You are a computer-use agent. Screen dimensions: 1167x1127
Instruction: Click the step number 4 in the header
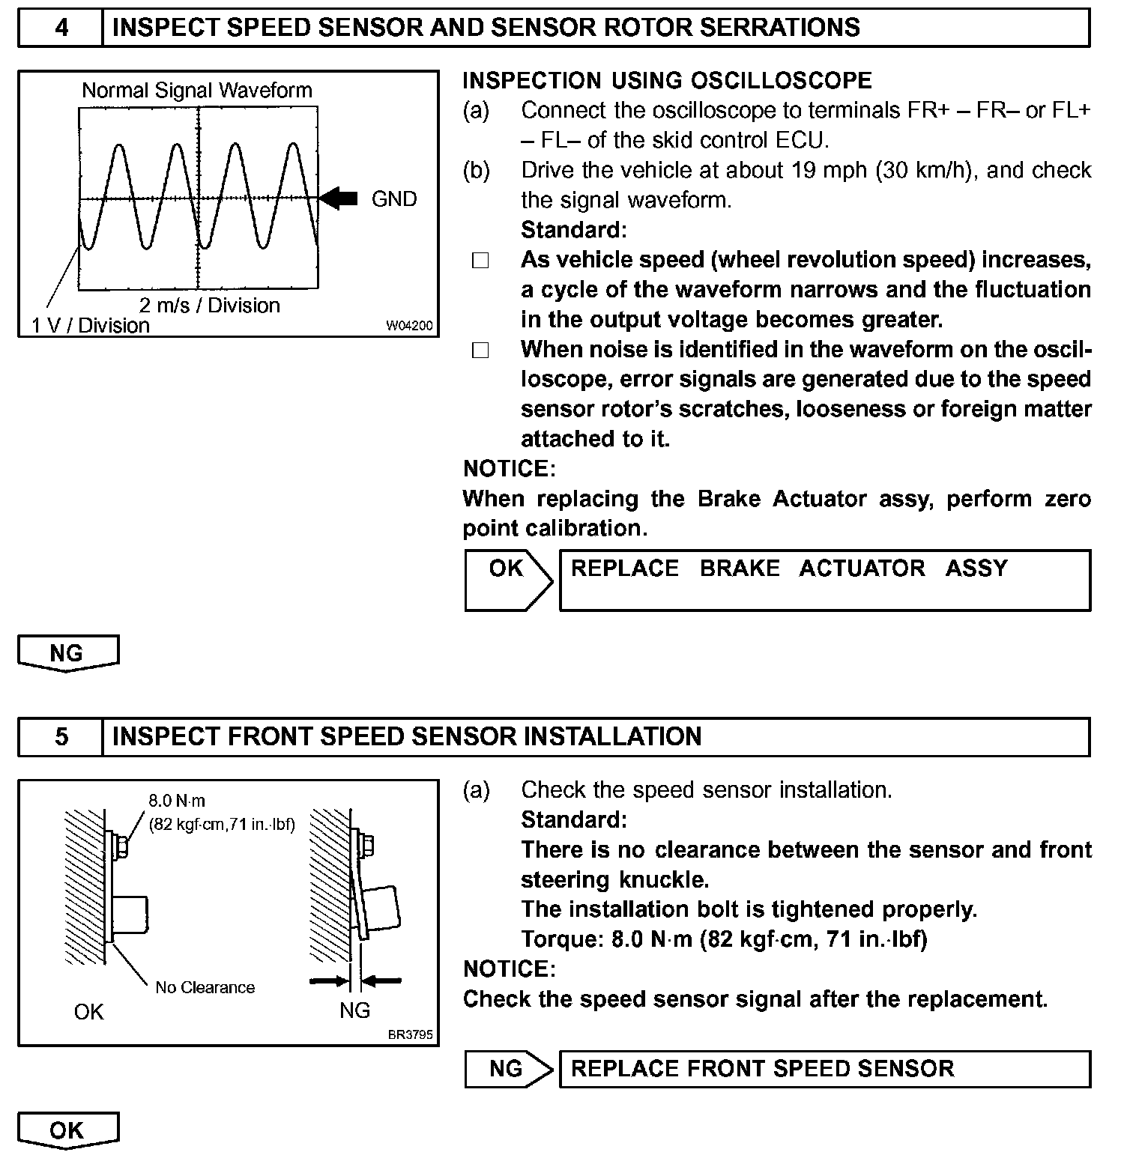tap(61, 28)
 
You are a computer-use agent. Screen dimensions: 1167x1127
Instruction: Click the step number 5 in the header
tap(61, 737)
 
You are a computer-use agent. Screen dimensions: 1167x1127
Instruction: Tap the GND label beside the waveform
tap(393, 199)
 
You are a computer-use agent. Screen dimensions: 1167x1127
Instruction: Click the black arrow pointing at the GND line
tap(339, 198)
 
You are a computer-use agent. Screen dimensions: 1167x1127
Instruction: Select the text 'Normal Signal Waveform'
tap(196, 91)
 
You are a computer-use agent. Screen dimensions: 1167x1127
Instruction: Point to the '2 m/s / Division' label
tap(209, 306)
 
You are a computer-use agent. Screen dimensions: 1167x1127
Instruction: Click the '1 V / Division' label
tap(91, 326)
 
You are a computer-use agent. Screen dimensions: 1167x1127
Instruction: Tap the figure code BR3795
tap(411, 1035)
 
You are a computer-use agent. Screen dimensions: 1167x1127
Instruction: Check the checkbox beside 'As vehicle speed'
tap(480, 261)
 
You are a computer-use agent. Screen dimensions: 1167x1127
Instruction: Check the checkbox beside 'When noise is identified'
tap(480, 351)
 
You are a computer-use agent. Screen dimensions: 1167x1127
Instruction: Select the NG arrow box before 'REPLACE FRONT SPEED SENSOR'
tap(507, 1068)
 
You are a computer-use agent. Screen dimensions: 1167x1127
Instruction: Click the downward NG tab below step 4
tap(67, 653)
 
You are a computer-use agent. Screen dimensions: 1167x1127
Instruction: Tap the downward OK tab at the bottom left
tap(67, 1130)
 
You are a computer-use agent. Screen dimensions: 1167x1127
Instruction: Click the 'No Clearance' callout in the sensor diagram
tap(205, 987)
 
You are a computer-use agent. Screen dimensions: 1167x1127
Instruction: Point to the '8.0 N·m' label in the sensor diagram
tap(177, 801)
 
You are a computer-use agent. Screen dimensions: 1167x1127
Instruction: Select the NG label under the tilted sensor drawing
tap(354, 1010)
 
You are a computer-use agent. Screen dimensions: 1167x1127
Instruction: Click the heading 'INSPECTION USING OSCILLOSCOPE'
tap(667, 81)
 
